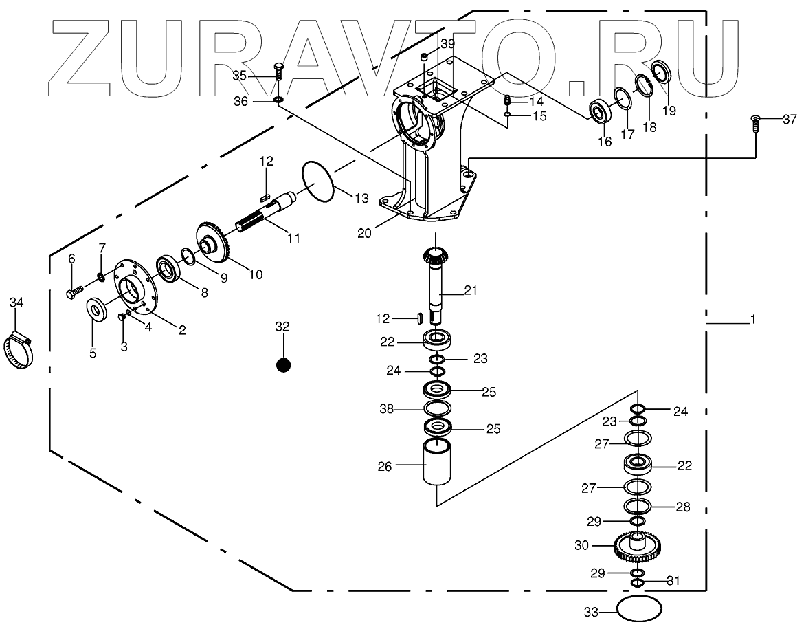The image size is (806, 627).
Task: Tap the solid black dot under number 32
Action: coord(282,365)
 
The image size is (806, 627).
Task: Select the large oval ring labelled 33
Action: coord(639,610)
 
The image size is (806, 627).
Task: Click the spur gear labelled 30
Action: coord(637,547)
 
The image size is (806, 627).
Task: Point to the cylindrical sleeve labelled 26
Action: coord(438,463)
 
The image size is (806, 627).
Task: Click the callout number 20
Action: coord(364,232)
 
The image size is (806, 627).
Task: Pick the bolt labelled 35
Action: coord(278,70)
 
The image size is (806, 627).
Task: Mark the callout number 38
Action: coord(386,409)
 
